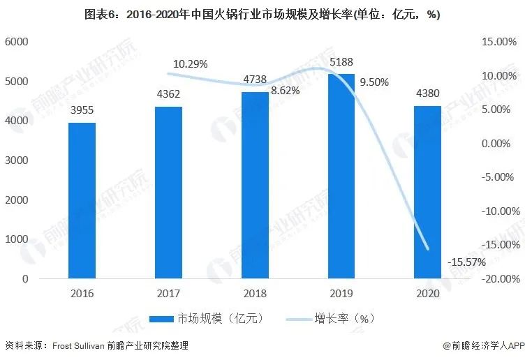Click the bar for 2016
coord(82,200)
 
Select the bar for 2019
coord(341,176)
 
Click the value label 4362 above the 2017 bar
coord(168,95)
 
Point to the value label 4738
coord(255,80)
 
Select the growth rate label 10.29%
coord(191,64)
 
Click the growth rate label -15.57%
coord(467,262)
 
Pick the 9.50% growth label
coord(374,82)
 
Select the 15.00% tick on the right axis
coord(499,42)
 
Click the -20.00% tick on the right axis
coord(498,279)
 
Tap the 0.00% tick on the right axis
coord(501,144)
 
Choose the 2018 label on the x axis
coord(255,294)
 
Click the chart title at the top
coord(262,15)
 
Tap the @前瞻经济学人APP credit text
coord(482,345)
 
